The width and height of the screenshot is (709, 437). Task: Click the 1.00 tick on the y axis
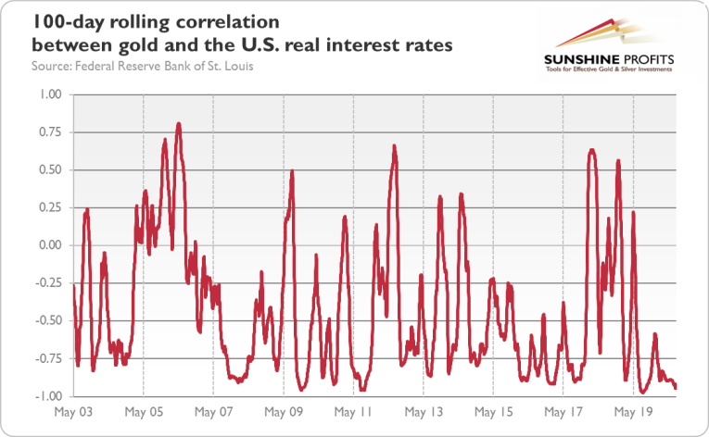coord(48,94)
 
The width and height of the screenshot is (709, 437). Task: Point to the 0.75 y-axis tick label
coord(48,132)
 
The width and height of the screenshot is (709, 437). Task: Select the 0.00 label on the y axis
coord(48,245)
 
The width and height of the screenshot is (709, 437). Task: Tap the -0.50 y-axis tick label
coord(46,320)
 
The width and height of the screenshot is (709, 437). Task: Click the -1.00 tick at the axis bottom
coord(46,395)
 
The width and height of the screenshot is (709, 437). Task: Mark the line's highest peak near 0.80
coord(179,123)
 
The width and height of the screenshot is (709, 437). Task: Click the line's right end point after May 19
coord(676,387)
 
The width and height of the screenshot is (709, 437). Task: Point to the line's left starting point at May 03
coord(74,285)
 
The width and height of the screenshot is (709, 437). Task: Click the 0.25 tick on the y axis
coord(48,207)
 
